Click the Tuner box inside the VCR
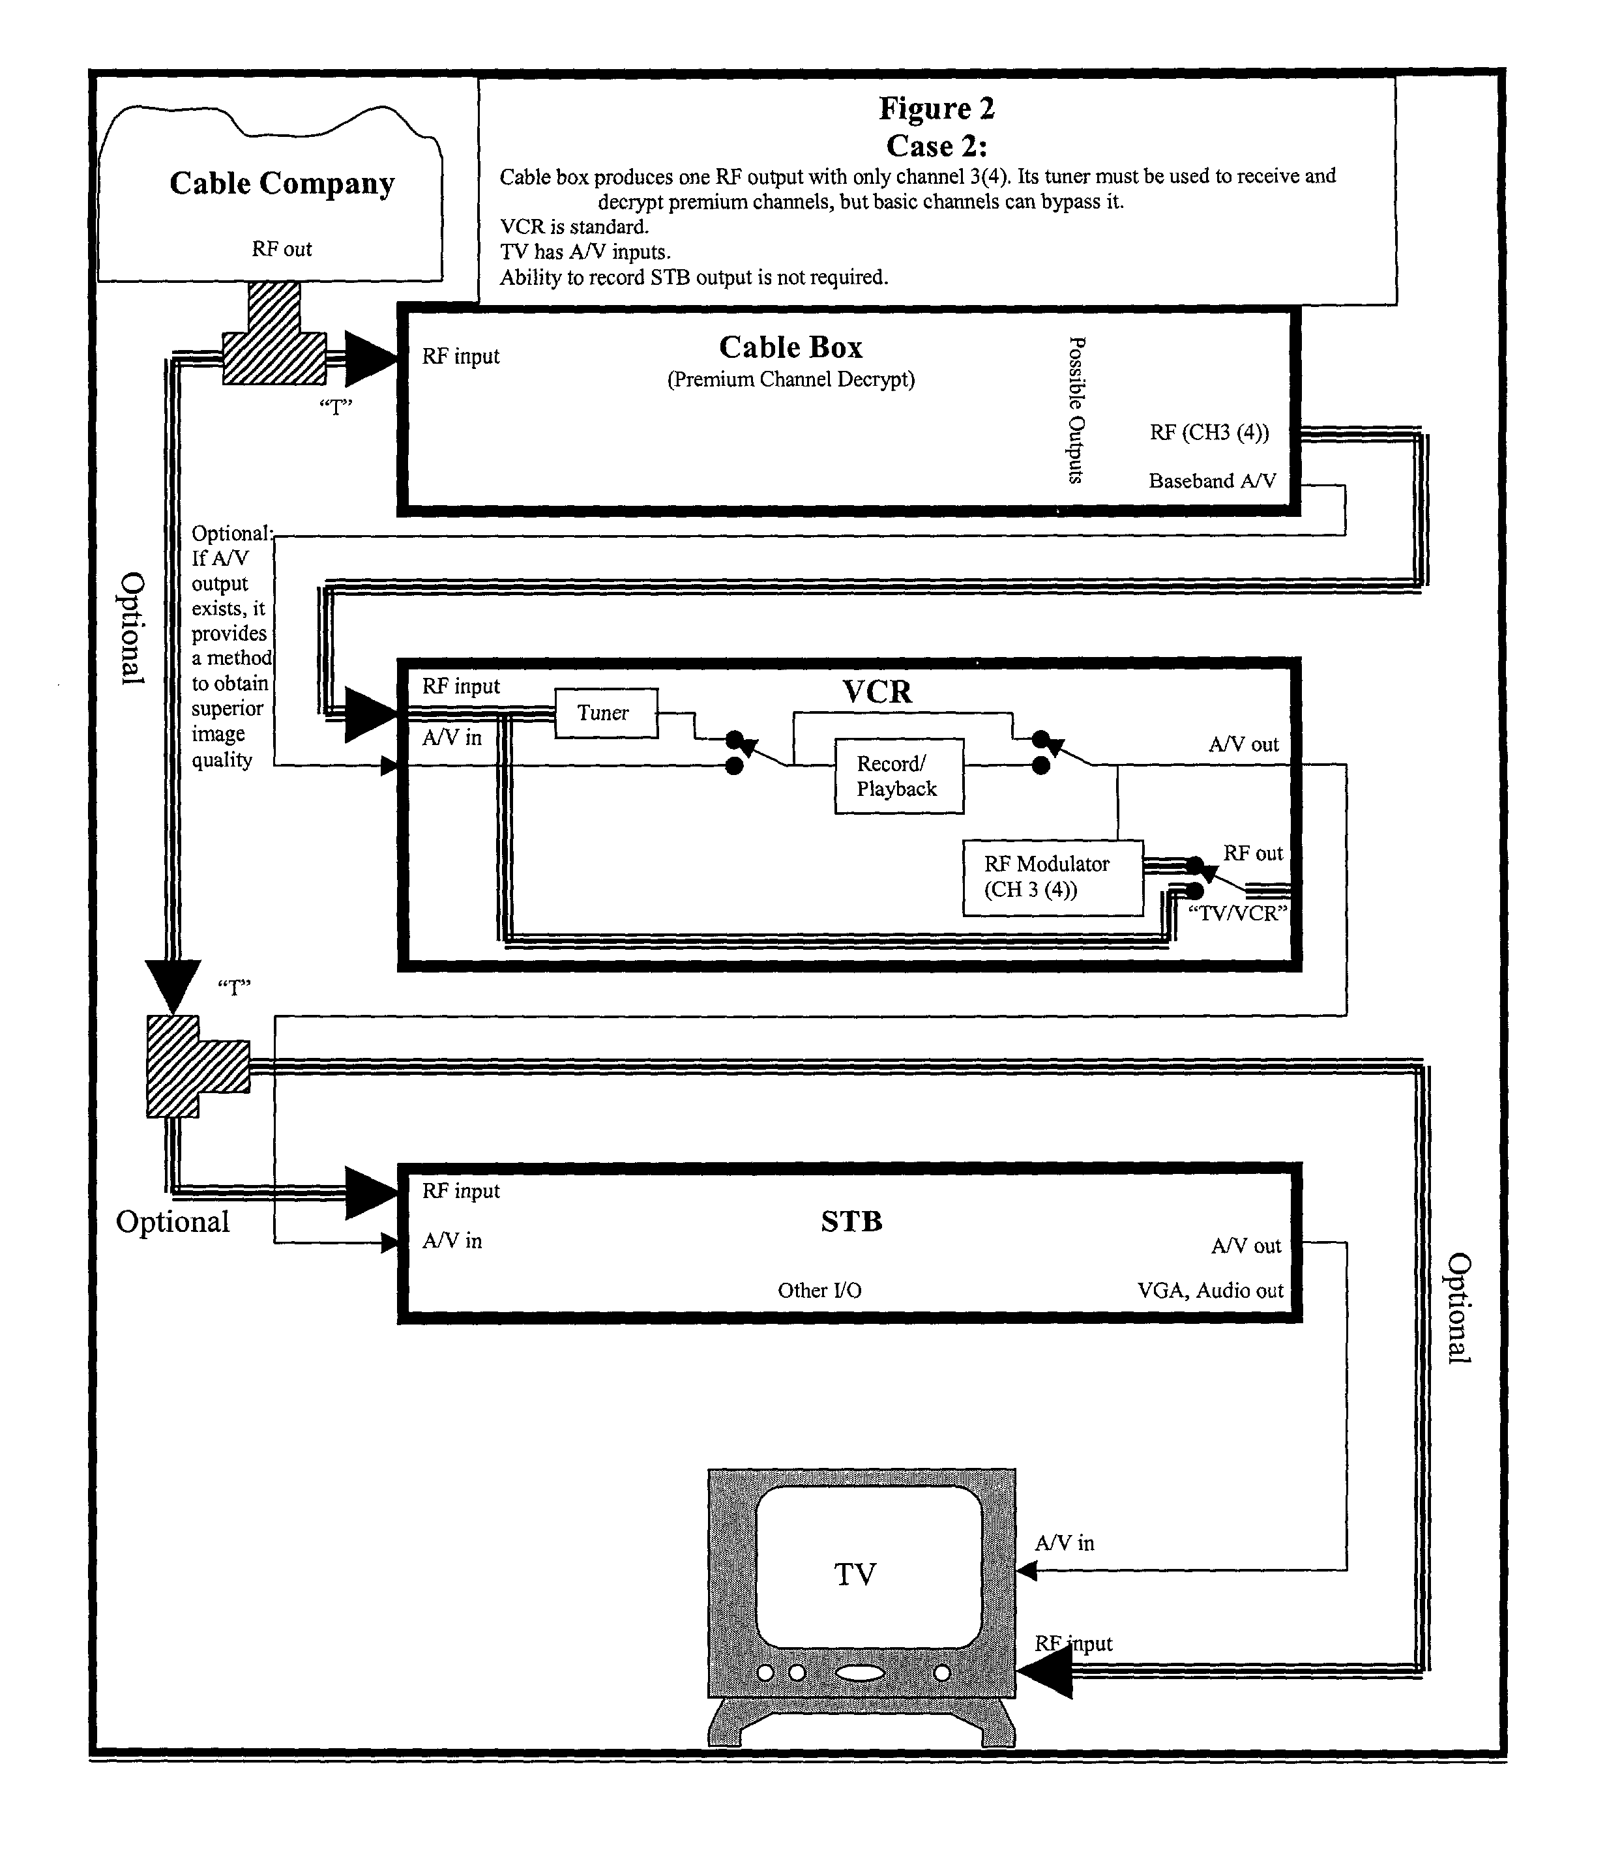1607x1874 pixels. [x=606, y=712]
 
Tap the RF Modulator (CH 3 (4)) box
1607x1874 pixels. [x=1053, y=877]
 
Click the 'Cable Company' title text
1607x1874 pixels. [x=282, y=184]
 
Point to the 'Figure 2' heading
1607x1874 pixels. [x=937, y=109]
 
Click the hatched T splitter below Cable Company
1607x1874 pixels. [x=274, y=334]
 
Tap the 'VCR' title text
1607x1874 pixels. [x=877, y=692]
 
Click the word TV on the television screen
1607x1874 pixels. [x=855, y=1575]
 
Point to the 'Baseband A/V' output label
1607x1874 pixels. [x=1212, y=481]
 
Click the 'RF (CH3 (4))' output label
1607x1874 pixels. [x=1209, y=432]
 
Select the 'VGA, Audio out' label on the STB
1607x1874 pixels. [x=1210, y=1291]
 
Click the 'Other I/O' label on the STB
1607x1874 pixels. [x=819, y=1291]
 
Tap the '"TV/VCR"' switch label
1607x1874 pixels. [x=1237, y=913]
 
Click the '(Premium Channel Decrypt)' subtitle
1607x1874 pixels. [x=790, y=380]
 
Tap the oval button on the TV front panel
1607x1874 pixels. [x=860, y=1673]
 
